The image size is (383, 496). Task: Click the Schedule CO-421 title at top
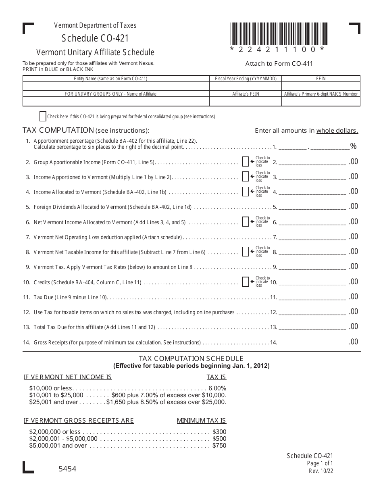[96, 38]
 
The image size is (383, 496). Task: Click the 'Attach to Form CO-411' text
[279, 63]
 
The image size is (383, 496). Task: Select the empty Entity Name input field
[116, 86]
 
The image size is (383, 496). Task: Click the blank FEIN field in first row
[321, 86]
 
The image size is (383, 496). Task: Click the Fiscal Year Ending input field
[246, 86]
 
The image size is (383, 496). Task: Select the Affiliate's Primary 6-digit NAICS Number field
[321, 101]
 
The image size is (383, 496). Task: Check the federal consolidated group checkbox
[43, 117]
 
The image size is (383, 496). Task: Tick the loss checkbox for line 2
[246, 162]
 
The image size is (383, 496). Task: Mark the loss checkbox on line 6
[246, 222]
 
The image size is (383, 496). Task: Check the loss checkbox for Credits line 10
[246, 282]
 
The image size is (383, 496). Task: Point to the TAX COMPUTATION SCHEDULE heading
[191, 358]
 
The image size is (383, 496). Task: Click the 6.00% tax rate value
[217, 388]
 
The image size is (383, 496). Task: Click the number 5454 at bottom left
[67, 469]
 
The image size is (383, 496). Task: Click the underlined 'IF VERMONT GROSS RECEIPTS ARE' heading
[79, 421]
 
